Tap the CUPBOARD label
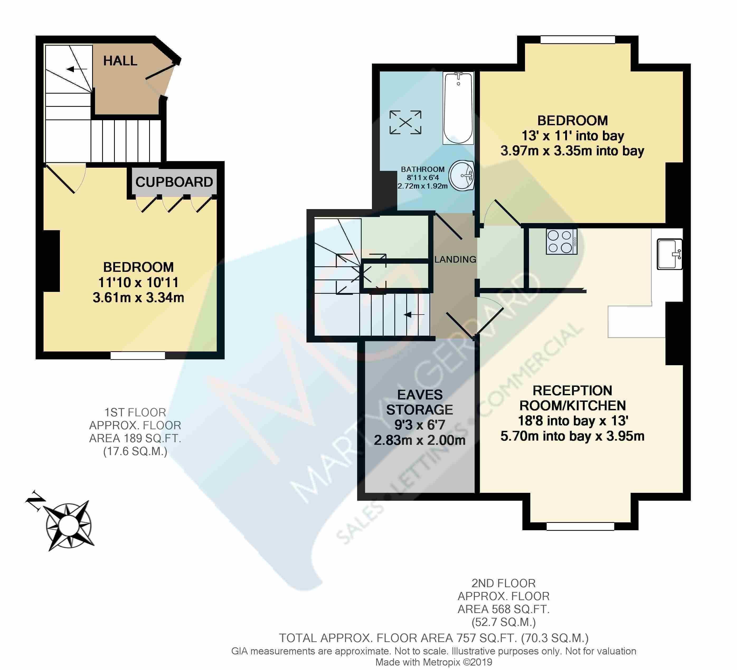[x=174, y=182]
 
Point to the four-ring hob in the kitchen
[x=561, y=241]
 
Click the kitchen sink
[x=670, y=254]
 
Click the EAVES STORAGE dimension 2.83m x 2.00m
[x=419, y=440]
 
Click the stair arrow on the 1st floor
[x=77, y=69]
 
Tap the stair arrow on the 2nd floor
[x=414, y=314]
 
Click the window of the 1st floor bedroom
[x=138, y=355]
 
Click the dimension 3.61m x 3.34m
[x=138, y=298]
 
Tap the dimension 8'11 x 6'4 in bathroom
[x=423, y=177]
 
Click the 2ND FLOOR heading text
[x=503, y=583]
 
